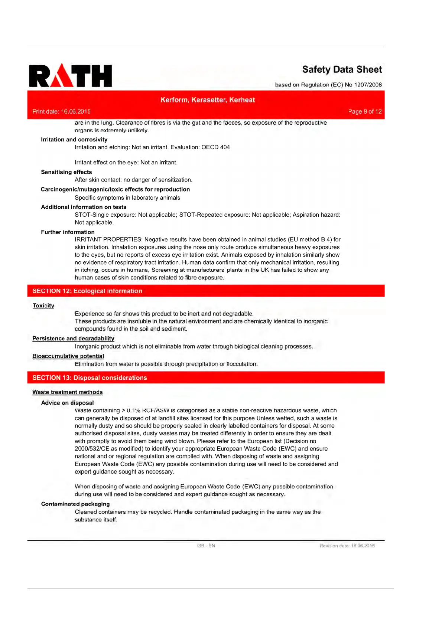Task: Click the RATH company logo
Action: click(x=70, y=76)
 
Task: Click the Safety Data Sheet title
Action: click(x=342, y=69)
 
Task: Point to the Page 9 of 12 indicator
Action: click(x=365, y=111)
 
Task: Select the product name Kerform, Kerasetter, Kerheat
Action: click(x=208, y=100)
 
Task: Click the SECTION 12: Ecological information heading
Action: click(x=87, y=291)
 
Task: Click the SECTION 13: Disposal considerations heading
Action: click(x=90, y=377)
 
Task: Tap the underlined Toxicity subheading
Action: click(x=43, y=305)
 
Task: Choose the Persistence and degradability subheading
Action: click(x=73, y=338)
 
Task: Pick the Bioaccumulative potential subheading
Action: click(x=68, y=356)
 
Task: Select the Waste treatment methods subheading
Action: click(x=67, y=392)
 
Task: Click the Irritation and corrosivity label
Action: click(x=74, y=140)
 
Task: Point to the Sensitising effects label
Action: click(x=66, y=172)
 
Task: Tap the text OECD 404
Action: click(x=215, y=147)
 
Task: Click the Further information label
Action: click(x=68, y=232)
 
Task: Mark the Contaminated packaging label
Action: click(x=75, y=504)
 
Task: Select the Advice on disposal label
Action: click(x=67, y=403)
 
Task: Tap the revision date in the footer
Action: click(x=347, y=546)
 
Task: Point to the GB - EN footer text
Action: click(x=206, y=546)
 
